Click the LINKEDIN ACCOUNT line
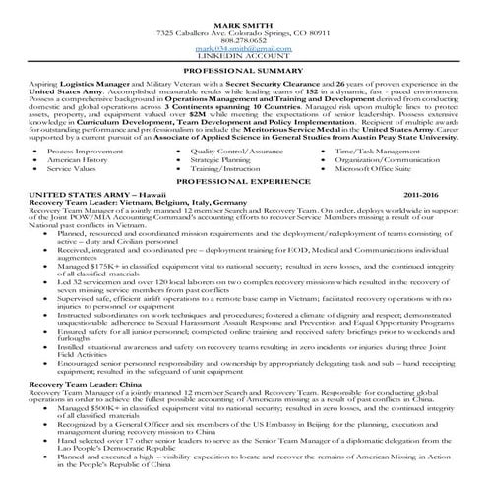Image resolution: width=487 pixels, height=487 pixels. pyautogui.click(x=244, y=55)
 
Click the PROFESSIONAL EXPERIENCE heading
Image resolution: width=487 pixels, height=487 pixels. pyautogui.click(x=244, y=183)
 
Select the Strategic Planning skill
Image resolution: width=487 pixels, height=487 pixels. pyautogui.click(x=226, y=161)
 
